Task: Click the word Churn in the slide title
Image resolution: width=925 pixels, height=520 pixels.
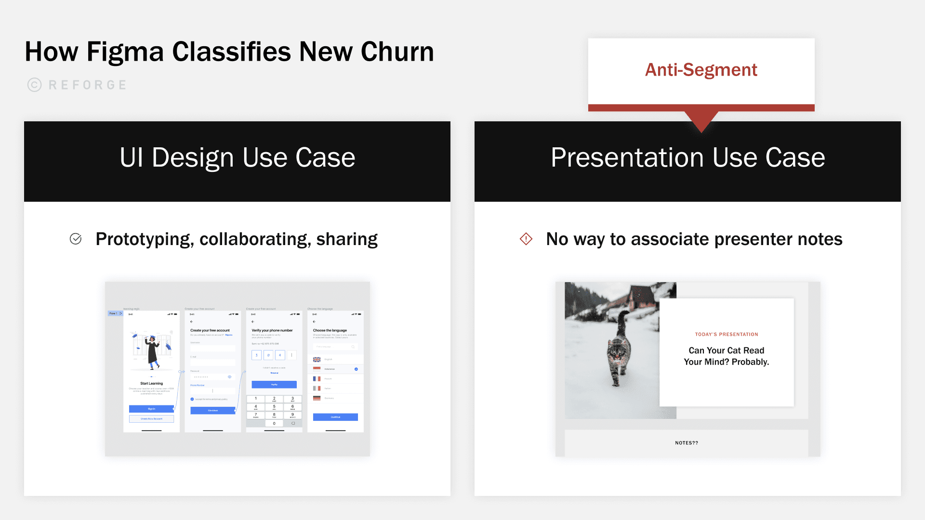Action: click(x=397, y=52)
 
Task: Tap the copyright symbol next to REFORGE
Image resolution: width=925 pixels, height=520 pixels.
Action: click(x=34, y=85)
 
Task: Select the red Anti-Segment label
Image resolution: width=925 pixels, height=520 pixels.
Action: click(x=701, y=70)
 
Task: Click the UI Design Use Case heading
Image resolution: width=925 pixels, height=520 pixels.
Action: click(x=237, y=157)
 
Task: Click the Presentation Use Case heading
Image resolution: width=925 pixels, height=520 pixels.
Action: click(x=687, y=157)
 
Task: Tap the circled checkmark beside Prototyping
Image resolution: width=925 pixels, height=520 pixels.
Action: click(x=76, y=239)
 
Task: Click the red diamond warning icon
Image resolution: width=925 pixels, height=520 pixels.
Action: click(x=526, y=239)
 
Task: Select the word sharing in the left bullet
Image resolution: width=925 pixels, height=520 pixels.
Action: click(x=347, y=239)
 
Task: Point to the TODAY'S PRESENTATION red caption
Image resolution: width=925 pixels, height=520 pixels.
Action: click(x=727, y=334)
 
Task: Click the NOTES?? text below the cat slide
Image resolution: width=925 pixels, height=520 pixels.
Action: click(x=687, y=443)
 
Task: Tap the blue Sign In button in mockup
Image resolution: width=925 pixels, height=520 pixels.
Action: click(x=151, y=409)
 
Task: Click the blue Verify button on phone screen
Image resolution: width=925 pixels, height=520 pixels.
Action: click(x=274, y=385)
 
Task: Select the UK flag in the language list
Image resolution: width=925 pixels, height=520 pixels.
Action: click(x=317, y=359)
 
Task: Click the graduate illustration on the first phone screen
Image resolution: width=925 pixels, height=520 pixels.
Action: click(x=152, y=351)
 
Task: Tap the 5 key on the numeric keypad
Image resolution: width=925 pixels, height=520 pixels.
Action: click(x=274, y=406)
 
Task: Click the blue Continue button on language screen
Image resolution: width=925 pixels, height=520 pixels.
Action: click(x=335, y=417)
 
